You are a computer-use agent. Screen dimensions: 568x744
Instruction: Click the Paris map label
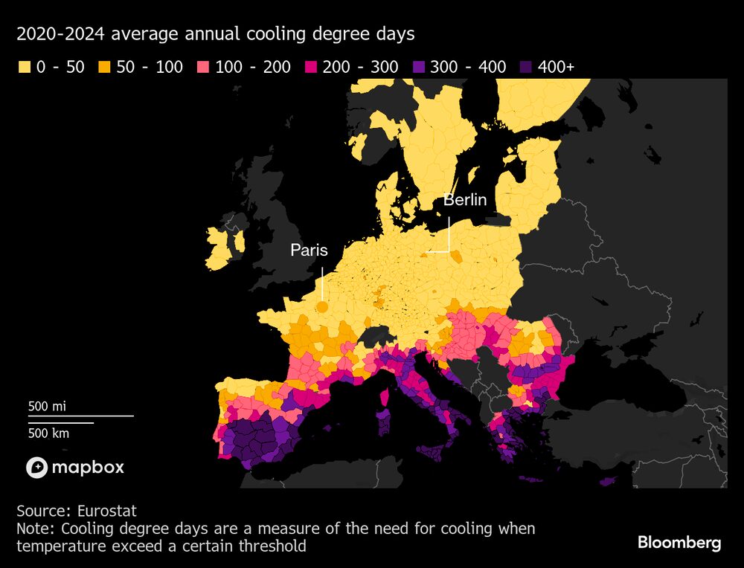tap(309, 251)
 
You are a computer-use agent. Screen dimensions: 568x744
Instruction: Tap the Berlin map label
tap(465, 199)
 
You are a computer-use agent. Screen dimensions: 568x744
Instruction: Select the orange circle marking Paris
tap(322, 306)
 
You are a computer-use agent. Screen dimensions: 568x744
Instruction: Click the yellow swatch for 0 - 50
tap(24, 68)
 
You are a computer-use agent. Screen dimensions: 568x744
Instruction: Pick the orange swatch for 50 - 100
tap(104, 68)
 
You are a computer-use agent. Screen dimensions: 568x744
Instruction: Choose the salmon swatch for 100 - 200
tap(203, 68)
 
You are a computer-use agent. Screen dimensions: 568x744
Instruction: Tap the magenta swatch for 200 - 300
tap(310, 68)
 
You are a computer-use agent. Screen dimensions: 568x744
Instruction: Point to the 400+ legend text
tap(556, 67)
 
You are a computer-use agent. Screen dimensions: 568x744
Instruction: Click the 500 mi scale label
tap(48, 407)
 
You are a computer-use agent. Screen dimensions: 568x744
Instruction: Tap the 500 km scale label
tap(48, 433)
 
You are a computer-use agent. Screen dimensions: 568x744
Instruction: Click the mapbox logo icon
tap(37, 468)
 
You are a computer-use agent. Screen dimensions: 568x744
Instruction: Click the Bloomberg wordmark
tap(679, 543)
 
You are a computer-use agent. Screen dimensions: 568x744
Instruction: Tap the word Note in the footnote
tap(34, 529)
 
